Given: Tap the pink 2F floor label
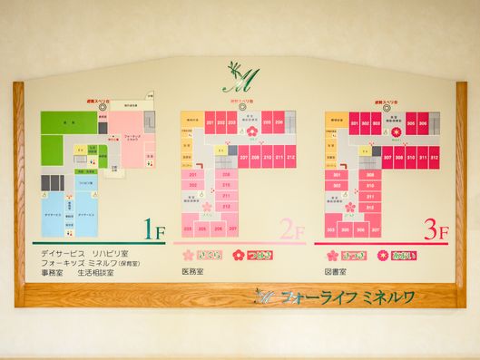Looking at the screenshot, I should (292, 230).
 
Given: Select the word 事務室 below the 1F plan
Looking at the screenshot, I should (54, 272).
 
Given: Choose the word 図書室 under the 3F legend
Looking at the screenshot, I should (337, 272).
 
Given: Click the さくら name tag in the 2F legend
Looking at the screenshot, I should (211, 255).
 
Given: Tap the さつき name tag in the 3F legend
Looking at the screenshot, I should (353, 255).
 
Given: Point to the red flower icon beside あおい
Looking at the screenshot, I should (383, 255).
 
